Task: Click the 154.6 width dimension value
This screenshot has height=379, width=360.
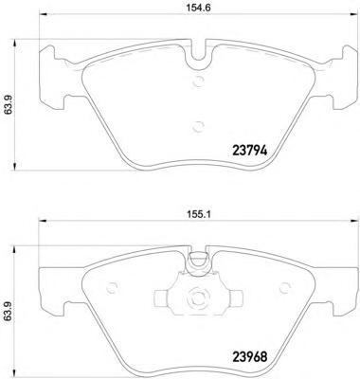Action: coord(198,9)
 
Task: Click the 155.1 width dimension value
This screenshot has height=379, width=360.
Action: coord(198,215)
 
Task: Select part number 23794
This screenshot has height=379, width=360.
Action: coord(250,151)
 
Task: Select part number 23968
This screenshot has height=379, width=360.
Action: coord(250,357)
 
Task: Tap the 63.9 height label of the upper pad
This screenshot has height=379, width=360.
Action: coord(9,105)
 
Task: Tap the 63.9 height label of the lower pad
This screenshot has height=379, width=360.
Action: coord(9,312)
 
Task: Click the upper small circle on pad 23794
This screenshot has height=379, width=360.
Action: coord(199,81)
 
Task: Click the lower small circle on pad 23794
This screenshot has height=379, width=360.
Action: coord(199,127)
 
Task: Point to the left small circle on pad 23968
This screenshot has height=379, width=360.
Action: coord(112,288)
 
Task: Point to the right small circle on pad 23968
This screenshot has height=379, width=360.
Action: coord(285,288)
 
